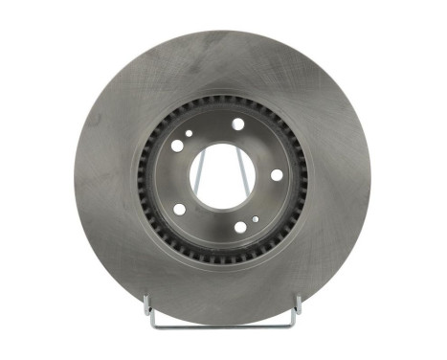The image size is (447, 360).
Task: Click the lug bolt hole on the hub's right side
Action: coord(276,174)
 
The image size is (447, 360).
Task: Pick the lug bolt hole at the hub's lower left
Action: coord(179,208)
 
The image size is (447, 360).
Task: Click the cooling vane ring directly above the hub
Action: coord(226,102)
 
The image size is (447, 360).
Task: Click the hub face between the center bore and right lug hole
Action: coord(259,176)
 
